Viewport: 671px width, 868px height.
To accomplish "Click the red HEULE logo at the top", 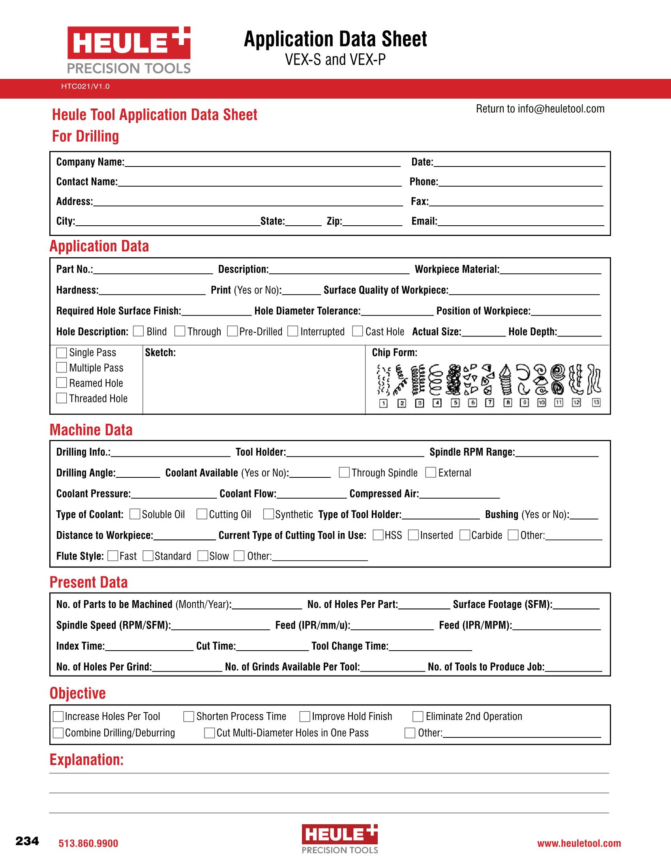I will pos(128,42).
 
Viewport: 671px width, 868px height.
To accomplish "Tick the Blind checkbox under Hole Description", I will pos(138,331).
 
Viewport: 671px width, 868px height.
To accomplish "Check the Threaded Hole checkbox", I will pos(62,398).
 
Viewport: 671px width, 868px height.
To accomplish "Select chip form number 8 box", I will pos(508,402).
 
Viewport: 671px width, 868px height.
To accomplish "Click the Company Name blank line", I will pos(262,163).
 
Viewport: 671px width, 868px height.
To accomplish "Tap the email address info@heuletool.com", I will pos(560,109).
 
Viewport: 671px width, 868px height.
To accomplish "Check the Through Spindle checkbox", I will pos(344,472).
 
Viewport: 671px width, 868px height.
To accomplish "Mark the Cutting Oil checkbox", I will pos(202,514).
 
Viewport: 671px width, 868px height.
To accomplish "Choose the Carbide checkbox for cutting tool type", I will pos(465,535).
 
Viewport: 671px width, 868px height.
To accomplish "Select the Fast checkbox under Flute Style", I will pos(113,556).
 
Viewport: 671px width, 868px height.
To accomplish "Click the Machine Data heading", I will pos(91,430).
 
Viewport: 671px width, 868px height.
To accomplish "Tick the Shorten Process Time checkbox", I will pos(188,716).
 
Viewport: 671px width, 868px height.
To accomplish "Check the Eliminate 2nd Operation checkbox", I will pos(418,716).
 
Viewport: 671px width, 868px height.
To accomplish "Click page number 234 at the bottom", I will pos(27,841).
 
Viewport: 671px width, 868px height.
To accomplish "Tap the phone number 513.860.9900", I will pos(88,844).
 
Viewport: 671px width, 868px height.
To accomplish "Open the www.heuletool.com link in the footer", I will pos(579,844).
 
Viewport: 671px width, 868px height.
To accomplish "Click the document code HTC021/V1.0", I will pos(85,86).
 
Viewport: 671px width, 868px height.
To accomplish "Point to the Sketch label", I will pos(160,352).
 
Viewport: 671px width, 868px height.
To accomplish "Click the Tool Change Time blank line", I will pos(430,647).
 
